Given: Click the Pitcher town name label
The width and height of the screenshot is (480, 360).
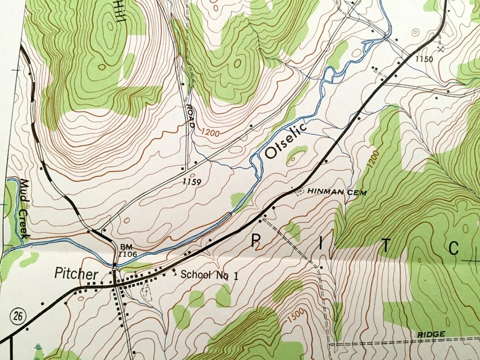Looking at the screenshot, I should coord(76,274).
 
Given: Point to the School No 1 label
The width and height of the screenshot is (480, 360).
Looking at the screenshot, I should coord(210,274).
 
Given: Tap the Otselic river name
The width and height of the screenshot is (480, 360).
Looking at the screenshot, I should coord(286,141).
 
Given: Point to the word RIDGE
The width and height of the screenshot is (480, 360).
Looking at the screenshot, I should coord(431,334).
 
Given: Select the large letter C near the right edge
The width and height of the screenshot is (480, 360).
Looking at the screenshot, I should coord(455,248).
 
